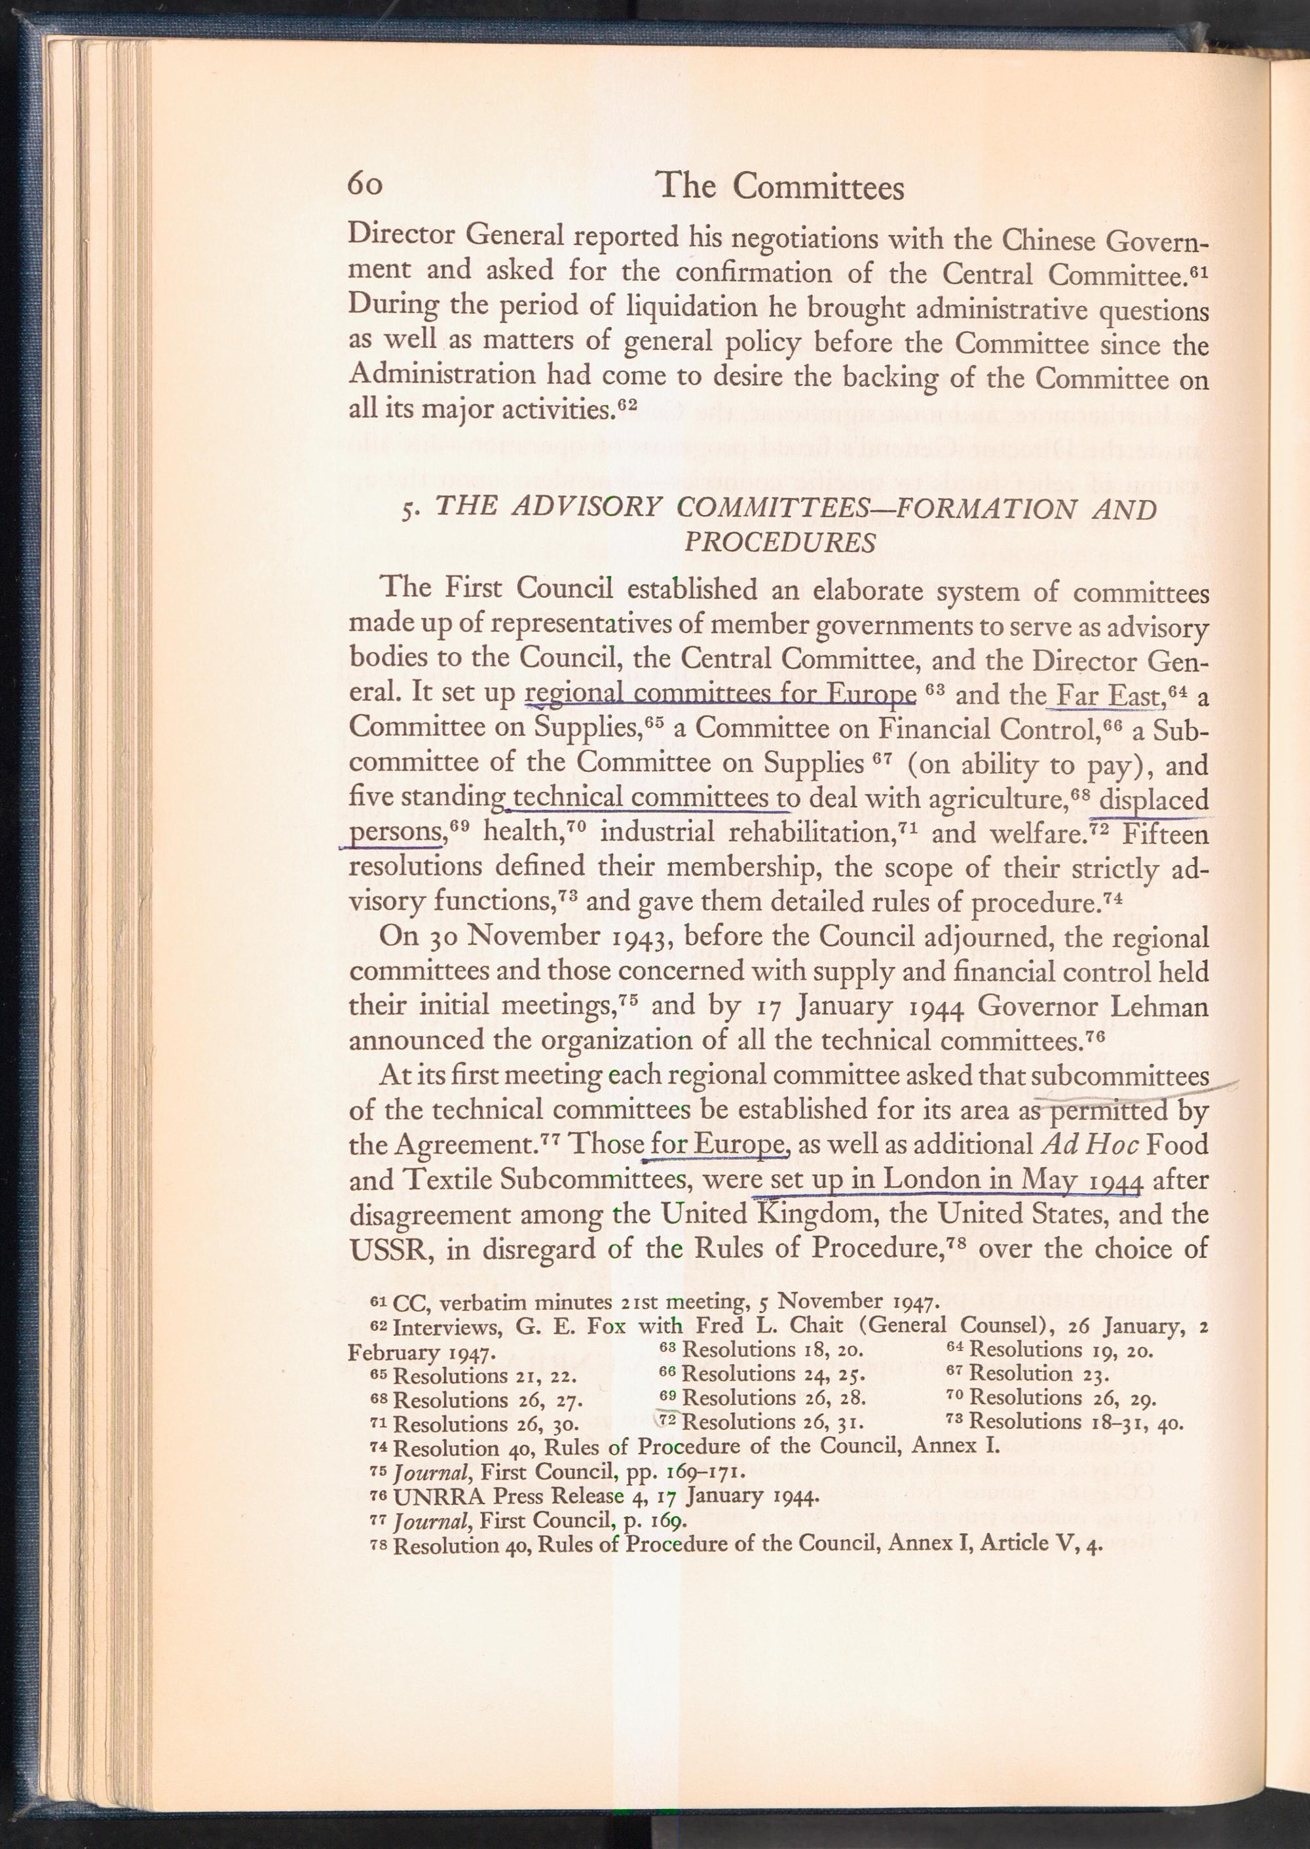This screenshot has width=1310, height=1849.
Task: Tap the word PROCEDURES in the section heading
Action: click(x=779, y=543)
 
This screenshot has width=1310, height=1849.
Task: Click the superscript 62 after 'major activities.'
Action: click(x=627, y=404)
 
